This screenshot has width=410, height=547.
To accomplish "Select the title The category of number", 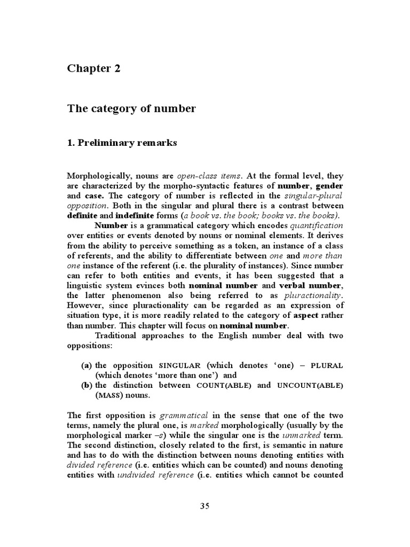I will click(x=131, y=109).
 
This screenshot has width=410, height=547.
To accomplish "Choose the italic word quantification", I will click(x=316, y=226).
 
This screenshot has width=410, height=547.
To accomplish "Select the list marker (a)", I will click(x=86, y=365).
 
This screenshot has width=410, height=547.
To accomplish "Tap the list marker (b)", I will click(x=86, y=385).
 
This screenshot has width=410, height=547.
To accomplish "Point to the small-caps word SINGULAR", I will click(x=179, y=365).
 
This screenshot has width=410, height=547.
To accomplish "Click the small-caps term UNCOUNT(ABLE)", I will click(x=309, y=385).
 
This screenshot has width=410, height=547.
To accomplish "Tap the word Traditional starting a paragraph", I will click(x=119, y=335).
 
